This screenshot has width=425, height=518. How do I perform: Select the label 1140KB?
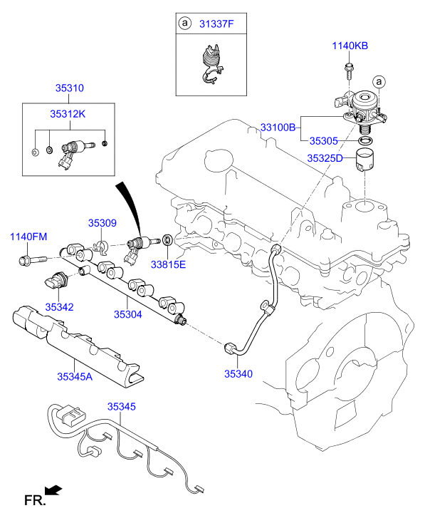(350, 46)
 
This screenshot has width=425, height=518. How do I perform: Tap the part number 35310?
(70, 88)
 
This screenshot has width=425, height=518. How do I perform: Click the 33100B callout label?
(278, 128)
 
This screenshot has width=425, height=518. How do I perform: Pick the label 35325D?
(325, 158)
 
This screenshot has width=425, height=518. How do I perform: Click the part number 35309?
(102, 223)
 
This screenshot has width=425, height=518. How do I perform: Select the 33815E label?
(167, 264)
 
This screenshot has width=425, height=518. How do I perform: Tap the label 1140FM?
(28, 237)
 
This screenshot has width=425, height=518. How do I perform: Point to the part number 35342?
(60, 306)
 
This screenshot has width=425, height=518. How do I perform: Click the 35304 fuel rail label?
(129, 313)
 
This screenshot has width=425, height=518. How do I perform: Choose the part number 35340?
(239, 373)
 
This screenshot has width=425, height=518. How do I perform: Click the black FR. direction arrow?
(53, 490)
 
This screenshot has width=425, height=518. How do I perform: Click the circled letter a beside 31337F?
(185, 24)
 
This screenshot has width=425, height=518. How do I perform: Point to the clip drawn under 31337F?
(207, 64)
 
